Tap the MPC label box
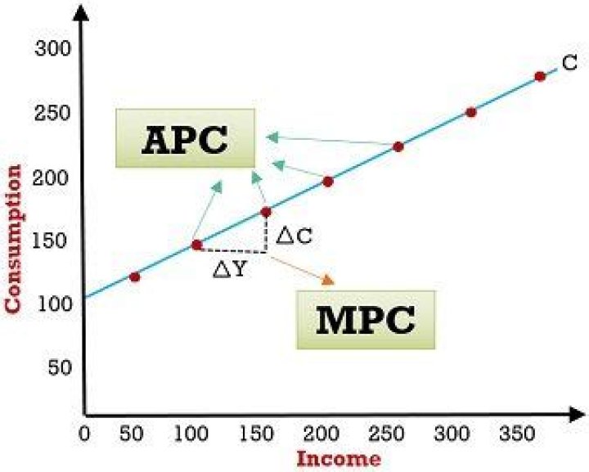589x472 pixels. point(365,320)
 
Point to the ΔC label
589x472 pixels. point(294,236)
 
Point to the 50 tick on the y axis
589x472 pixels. point(59,367)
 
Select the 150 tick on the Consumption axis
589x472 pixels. point(52,241)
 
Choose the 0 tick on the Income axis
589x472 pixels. point(83,431)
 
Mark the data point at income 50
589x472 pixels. point(135,276)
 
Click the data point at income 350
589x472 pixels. point(540,76)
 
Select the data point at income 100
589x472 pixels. point(196,245)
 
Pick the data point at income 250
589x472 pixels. point(398,146)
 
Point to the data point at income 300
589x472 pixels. point(470,112)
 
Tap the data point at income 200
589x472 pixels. point(328,182)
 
